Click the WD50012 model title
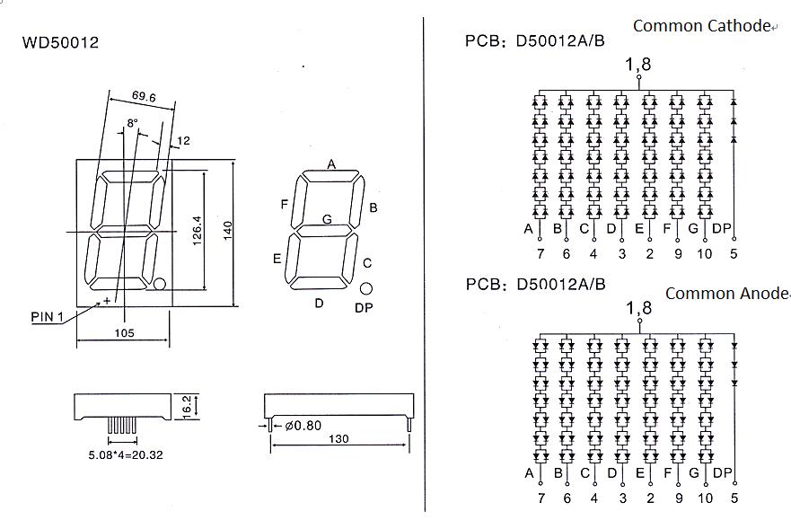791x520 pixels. [60, 42]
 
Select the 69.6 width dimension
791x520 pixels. [144, 96]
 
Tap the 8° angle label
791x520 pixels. [132, 123]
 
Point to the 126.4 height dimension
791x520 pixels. [197, 231]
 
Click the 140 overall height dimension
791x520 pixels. [227, 231]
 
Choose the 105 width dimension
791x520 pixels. [124, 332]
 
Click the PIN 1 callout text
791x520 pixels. [48, 317]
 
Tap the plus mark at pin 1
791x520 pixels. [107, 301]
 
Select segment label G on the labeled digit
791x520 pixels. [327, 219]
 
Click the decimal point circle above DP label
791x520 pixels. [366, 288]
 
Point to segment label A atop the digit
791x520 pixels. [331, 164]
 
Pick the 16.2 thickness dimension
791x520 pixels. [186, 407]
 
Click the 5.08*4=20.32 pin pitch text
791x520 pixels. [126, 455]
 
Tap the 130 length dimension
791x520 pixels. [338, 439]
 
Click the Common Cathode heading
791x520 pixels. [701, 26]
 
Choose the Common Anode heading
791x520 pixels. [726, 293]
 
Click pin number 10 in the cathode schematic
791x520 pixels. [704, 253]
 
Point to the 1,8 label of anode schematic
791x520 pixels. [638, 308]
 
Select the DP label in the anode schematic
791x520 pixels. [722, 473]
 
